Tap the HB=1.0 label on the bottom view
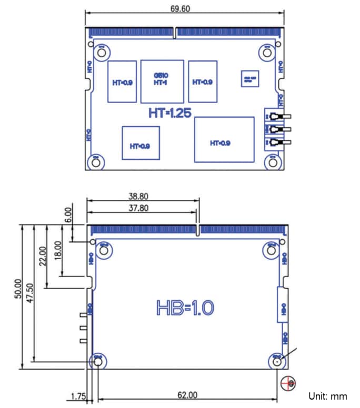click(185, 308)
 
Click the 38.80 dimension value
click(138, 196)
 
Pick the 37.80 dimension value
click(138, 208)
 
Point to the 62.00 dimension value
click(187, 395)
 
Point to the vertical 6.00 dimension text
click(67, 214)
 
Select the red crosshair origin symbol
click(288, 384)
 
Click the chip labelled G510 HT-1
click(162, 81)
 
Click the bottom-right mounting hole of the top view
click(273, 162)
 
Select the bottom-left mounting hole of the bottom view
click(98, 362)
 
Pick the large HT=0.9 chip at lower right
click(220, 139)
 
